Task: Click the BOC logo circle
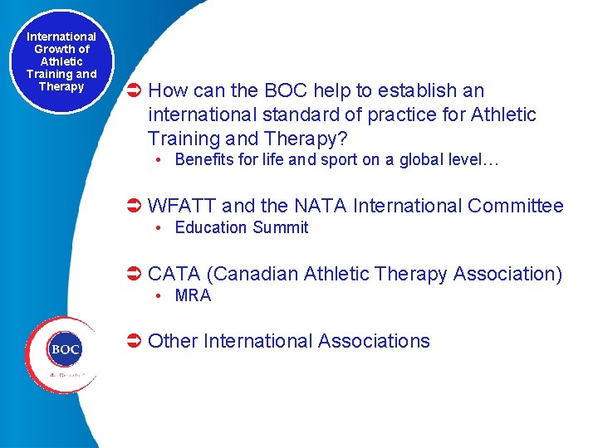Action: click(x=65, y=350)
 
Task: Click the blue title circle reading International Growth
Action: click(x=61, y=62)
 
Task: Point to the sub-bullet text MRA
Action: click(x=193, y=295)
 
